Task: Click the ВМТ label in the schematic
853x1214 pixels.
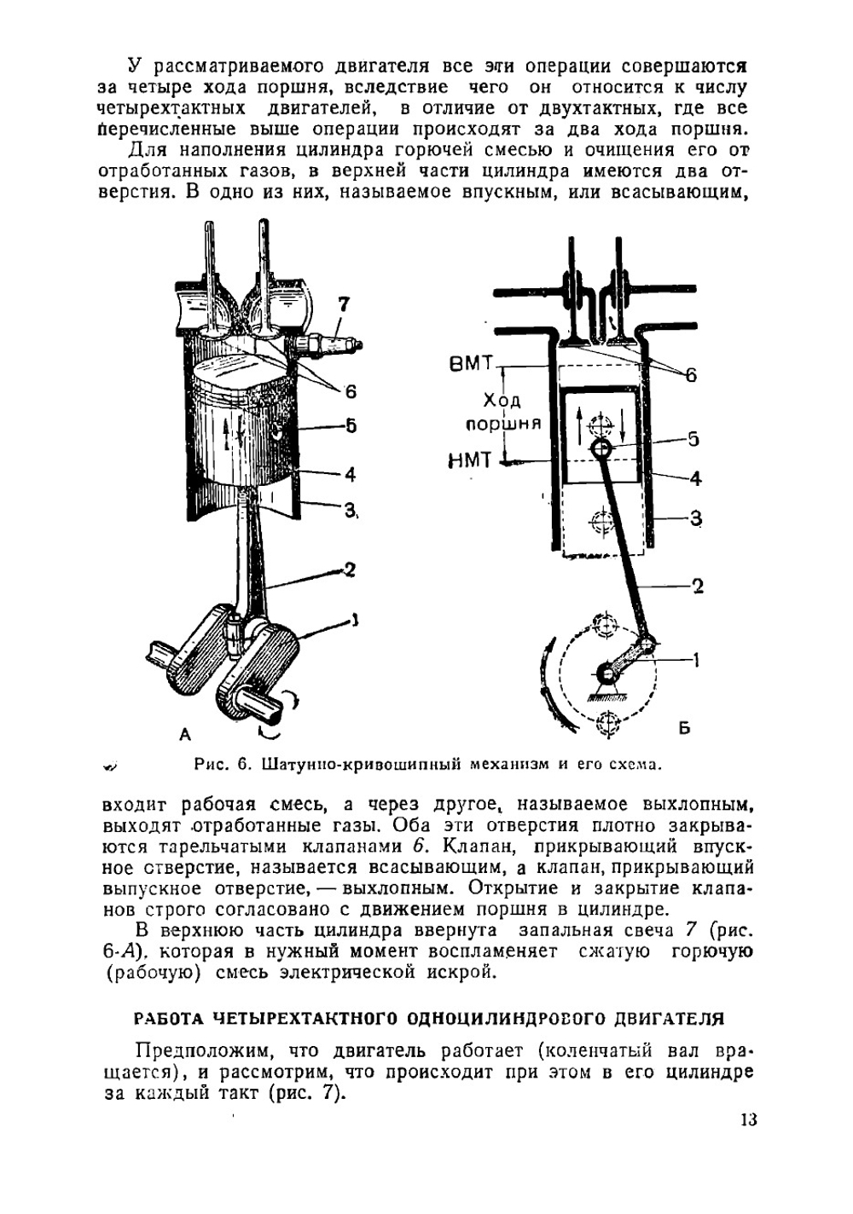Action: click(471, 364)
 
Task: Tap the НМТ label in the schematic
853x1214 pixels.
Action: click(470, 461)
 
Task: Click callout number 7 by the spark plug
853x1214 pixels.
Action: click(343, 304)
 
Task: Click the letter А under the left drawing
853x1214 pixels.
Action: click(185, 734)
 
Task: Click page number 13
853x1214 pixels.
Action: click(748, 1119)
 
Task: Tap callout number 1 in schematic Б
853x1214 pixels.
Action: click(697, 659)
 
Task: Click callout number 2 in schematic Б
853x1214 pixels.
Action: click(698, 586)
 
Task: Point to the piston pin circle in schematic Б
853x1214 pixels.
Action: click(601, 447)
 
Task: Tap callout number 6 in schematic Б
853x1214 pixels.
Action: click(691, 374)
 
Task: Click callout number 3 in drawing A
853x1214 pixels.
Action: click(349, 510)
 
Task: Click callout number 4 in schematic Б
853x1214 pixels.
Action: click(695, 478)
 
